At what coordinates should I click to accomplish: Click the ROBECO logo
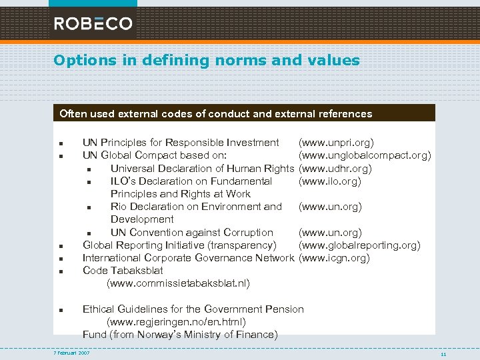[93, 23]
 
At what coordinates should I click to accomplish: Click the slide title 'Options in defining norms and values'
[207, 61]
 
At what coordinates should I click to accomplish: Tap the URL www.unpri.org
[336, 143]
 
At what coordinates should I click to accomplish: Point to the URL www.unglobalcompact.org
[365, 155]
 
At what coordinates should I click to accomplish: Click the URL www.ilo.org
[330, 181]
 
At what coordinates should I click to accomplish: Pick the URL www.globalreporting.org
[359, 245]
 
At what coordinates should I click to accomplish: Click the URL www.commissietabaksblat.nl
[179, 283]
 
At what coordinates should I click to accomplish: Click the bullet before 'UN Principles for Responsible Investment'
[61, 143]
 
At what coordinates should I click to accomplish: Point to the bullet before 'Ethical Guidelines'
[61, 310]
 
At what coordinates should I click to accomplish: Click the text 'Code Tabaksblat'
[122, 271]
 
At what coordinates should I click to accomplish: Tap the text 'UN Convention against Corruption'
[191, 233]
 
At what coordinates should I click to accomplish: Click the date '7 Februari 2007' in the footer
[71, 353]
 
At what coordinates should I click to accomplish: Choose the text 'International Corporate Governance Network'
[188, 258]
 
